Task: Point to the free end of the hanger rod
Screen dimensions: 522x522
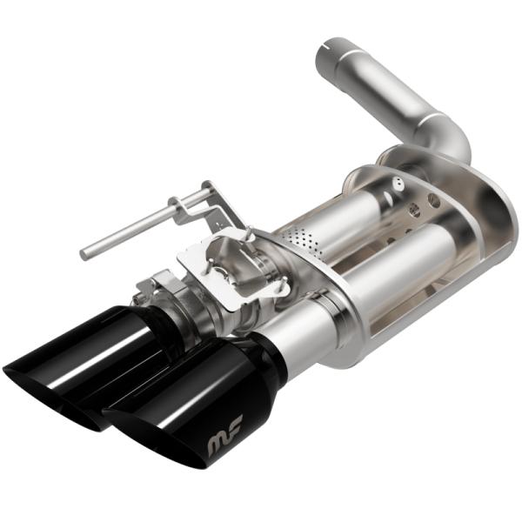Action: coord(85,255)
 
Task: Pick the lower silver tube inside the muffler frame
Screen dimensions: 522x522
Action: coord(409,261)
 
